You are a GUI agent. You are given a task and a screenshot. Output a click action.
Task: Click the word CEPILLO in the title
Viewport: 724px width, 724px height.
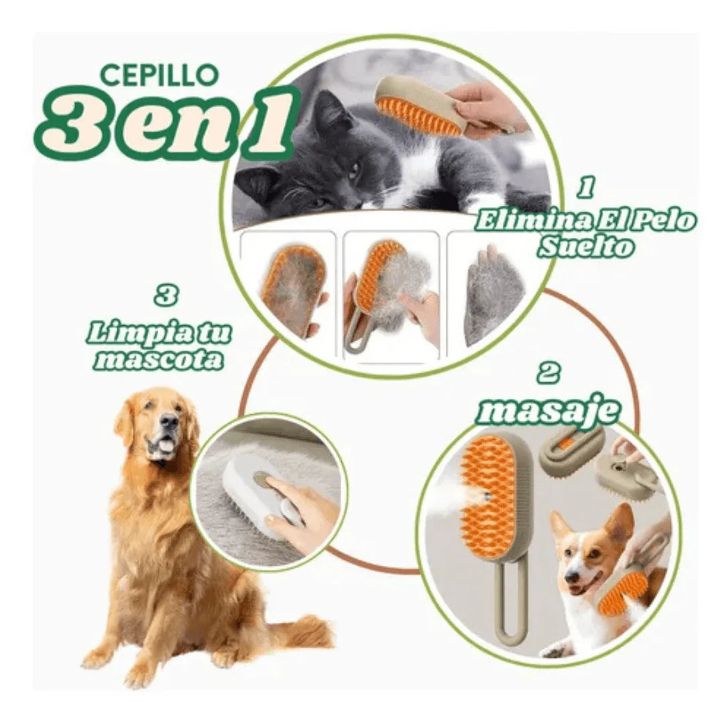coord(159,74)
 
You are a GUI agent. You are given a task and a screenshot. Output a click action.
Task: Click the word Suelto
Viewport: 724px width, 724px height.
coord(585,247)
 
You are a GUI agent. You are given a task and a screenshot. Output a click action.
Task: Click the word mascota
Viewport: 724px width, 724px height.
coord(159,359)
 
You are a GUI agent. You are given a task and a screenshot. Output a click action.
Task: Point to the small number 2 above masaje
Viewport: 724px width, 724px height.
coord(548,373)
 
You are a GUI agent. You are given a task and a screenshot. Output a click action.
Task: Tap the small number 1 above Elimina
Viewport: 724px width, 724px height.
coord(586,188)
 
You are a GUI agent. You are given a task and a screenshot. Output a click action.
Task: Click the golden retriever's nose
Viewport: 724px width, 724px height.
coord(170,422)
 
